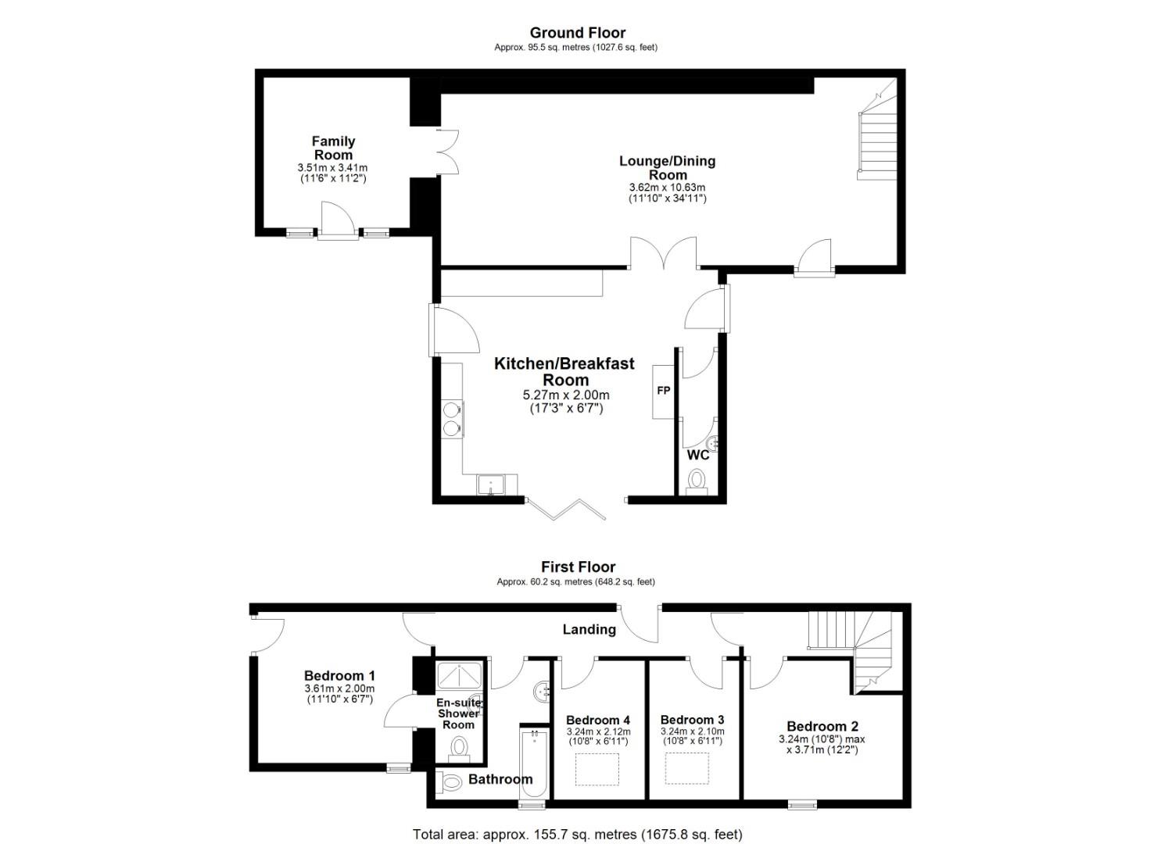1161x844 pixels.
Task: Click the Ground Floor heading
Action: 578,33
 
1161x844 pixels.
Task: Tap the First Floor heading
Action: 578,567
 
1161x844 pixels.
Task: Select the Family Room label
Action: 333,148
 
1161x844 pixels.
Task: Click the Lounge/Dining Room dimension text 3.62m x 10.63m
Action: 667,188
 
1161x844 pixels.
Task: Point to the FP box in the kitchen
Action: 664,392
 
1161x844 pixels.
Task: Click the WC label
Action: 697,456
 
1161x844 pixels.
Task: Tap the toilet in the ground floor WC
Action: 697,482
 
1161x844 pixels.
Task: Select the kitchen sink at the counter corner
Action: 489,485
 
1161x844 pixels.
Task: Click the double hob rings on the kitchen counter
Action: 452,419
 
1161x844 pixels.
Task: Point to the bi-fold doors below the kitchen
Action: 565,509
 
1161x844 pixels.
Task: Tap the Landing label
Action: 589,630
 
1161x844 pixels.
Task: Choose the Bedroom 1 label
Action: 339,676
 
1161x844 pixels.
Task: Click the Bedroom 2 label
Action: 822,727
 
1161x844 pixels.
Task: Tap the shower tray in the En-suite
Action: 459,675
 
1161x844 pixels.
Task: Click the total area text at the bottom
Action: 578,834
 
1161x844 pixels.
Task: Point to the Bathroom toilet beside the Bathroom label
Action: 449,781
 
